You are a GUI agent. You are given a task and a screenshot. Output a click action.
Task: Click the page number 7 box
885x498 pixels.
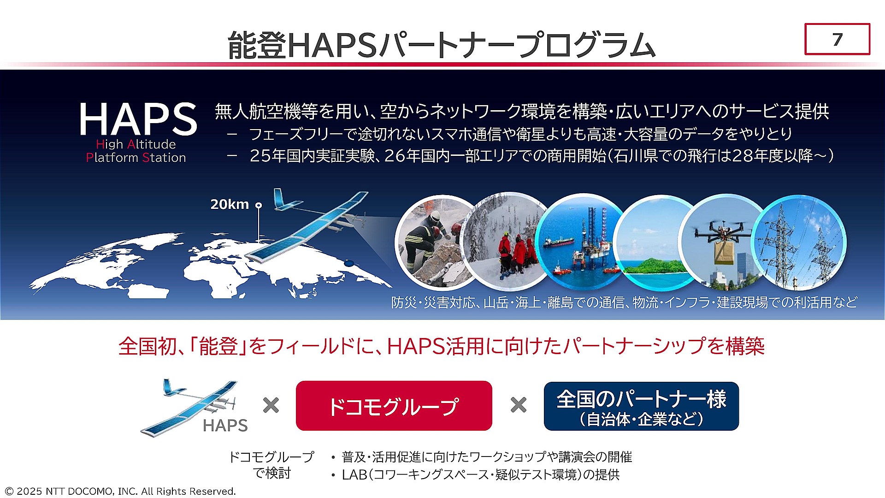[837, 39]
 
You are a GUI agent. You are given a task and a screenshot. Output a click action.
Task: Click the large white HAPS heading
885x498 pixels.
[138, 119]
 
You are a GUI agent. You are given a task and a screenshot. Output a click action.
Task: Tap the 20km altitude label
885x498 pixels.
[230, 204]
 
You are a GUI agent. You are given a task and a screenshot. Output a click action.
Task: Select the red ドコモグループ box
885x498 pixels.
[394, 406]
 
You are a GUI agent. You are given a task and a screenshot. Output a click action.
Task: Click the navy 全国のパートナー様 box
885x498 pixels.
[641, 406]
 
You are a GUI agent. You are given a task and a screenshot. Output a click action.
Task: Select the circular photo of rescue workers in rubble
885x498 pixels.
[431, 242]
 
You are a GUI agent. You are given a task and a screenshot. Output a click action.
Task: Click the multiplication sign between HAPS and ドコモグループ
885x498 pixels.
[271, 405]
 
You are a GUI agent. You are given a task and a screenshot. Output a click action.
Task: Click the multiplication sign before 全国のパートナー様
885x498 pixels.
[519, 405]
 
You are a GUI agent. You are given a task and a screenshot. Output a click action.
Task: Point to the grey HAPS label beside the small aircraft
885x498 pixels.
[225, 425]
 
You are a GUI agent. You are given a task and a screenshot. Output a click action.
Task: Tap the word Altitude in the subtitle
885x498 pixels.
[152, 144]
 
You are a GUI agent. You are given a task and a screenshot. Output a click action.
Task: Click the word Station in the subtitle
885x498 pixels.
[164, 158]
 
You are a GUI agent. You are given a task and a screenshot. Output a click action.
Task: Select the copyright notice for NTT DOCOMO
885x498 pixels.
[120, 491]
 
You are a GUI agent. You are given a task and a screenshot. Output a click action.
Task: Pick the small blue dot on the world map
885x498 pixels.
[349, 263]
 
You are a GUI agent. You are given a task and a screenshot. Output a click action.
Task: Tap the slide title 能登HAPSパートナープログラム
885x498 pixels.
[441, 45]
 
